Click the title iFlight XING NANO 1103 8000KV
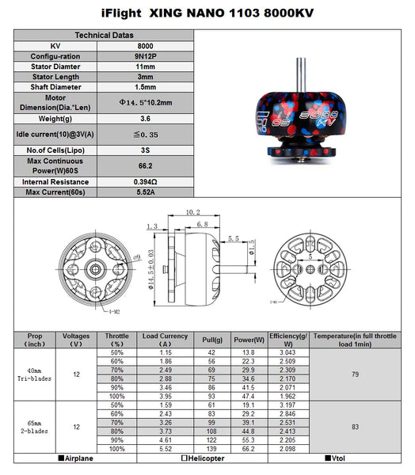[x=207, y=13]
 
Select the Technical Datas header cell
[x=105, y=36]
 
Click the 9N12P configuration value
[x=146, y=57]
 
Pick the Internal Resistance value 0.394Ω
[x=146, y=181]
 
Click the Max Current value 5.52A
[x=146, y=192]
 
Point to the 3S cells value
[x=146, y=150]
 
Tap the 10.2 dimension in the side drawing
[x=192, y=213]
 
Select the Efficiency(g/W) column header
[x=288, y=340]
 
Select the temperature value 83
[x=354, y=427]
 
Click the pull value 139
[x=211, y=449]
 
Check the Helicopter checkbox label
[x=204, y=459]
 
